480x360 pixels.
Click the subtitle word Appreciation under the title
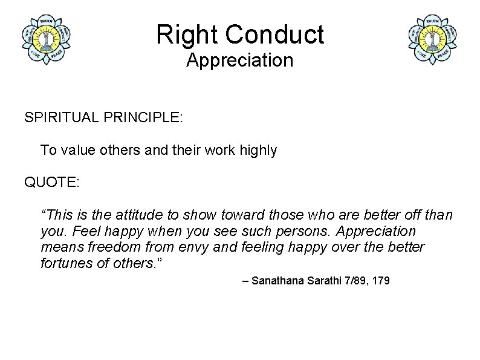pyautogui.click(x=239, y=61)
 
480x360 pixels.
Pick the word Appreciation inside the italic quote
pyautogui.click(x=376, y=231)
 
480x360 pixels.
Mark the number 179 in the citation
pyautogui.click(x=381, y=281)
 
